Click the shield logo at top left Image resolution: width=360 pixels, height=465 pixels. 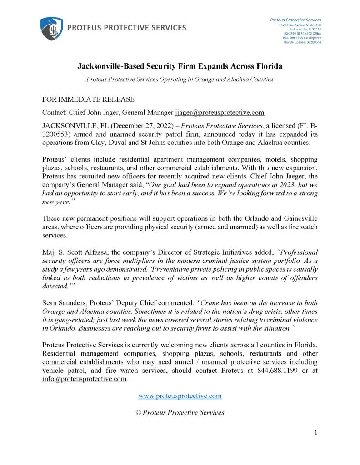tap(51, 28)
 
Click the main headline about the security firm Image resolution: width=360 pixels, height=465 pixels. tap(180, 66)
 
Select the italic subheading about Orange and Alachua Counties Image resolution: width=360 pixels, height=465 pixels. tap(180, 79)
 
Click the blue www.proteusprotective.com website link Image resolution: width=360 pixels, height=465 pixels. tap(180, 396)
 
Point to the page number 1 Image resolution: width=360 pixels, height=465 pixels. tap(315, 433)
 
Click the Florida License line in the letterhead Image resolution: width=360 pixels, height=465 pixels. tap(303, 42)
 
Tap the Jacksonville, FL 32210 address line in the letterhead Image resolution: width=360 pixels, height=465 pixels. tap(305, 29)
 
